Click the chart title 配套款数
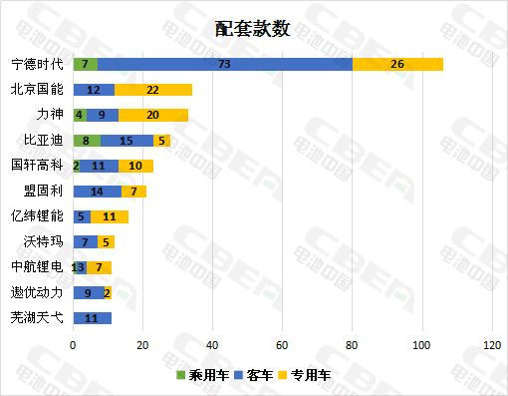[x=253, y=28]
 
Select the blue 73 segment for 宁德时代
[x=225, y=64]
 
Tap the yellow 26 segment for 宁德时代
[x=397, y=64]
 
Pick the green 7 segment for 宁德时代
[x=85, y=64]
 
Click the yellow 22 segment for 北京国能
[x=152, y=90]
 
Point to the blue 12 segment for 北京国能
[x=94, y=90]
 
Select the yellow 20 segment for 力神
[x=152, y=115]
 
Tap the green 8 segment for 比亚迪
[x=87, y=141]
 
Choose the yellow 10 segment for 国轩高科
[x=135, y=166]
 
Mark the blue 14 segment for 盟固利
[x=98, y=191]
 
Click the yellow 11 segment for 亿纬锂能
[x=110, y=216]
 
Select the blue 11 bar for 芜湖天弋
[x=92, y=318]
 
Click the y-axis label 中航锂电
[x=37, y=267]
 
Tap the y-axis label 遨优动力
[x=37, y=293]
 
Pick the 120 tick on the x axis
[x=491, y=345]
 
